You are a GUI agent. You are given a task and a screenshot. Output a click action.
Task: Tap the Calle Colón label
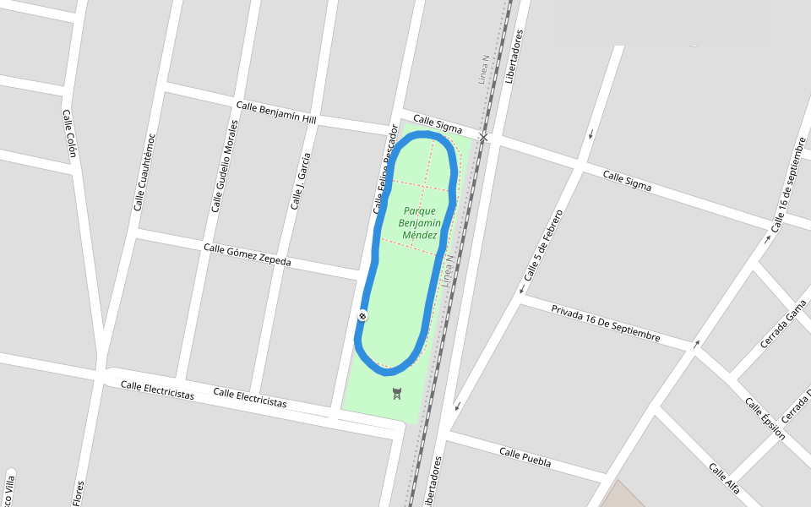coord(69,134)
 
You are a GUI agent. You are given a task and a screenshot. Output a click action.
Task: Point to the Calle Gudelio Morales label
coord(225,166)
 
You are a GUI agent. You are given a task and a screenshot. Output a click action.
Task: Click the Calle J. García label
coord(300,181)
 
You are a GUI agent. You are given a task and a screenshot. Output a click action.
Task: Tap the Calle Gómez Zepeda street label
coord(247,254)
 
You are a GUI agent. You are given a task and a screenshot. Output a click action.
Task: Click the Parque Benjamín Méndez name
coord(420,222)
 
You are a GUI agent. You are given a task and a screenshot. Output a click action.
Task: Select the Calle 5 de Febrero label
coord(542,245)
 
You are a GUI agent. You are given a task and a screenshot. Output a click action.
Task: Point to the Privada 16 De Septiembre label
coord(605,323)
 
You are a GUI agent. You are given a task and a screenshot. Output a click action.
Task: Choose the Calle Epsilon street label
coord(765,418)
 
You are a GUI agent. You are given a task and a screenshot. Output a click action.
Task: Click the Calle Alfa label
coord(724,477)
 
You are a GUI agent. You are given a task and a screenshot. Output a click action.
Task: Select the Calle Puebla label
coord(525,457)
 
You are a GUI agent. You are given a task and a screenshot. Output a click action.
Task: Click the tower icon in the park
coord(397,393)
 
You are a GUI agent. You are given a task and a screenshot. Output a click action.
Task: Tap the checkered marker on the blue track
coord(362,316)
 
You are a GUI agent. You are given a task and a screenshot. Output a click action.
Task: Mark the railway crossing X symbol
coord(483,137)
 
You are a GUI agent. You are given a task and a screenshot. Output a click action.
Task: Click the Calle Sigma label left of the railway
coord(438,124)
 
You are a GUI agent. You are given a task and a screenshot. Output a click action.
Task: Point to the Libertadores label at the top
coord(514,57)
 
